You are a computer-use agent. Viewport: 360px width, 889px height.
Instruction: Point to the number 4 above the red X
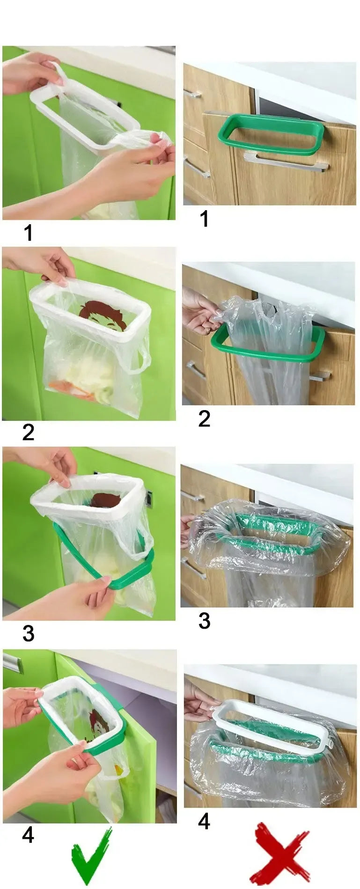pos(204,821)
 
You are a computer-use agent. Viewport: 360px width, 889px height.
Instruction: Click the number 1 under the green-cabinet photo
pos(29,233)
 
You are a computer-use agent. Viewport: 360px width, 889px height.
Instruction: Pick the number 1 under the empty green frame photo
pos(204,219)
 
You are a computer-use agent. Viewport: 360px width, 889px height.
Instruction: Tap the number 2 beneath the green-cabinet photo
pos(28,432)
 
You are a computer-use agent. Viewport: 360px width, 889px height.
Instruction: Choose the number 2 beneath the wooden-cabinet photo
pos(204,419)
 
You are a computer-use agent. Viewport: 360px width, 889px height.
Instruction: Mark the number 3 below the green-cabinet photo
pos(28,633)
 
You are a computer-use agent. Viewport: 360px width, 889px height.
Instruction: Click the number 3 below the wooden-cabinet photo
pos(204,620)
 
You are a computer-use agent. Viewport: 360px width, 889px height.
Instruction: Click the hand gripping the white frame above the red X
pos(200,698)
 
